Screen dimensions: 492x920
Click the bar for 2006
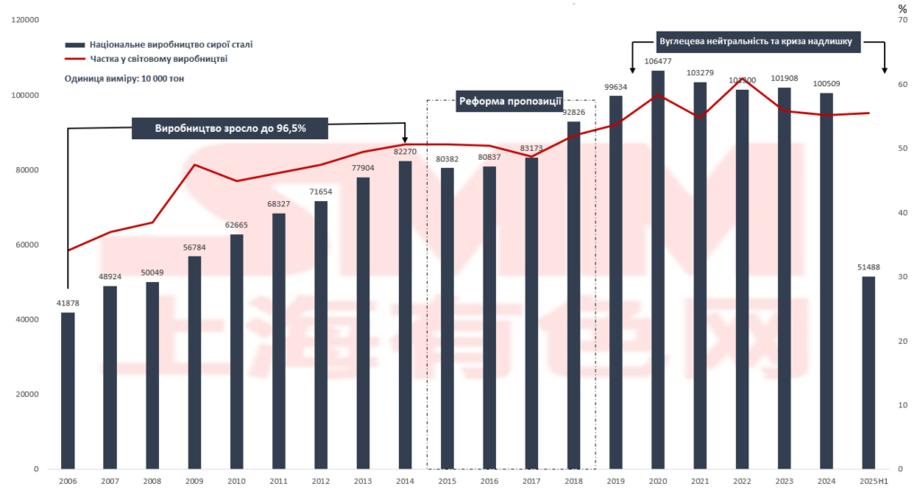click(68, 391)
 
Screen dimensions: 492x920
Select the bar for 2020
click(659, 269)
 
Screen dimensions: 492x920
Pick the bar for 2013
click(363, 323)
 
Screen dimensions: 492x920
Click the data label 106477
click(659, 62)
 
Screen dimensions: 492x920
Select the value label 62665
click(236, 226)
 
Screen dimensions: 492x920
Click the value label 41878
click(68, 304)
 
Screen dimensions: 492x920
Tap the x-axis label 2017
click(532, 482)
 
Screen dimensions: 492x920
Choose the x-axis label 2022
click(743, 482)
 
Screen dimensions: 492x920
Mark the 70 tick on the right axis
click(903, 20)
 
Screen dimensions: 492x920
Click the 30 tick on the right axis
click(903, 277)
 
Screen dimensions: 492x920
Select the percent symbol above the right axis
click(903, 8)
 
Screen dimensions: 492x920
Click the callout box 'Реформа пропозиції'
click(510, 101)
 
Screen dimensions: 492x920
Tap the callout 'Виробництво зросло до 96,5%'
click(230, 128)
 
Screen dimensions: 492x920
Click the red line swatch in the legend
click(75, 59)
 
